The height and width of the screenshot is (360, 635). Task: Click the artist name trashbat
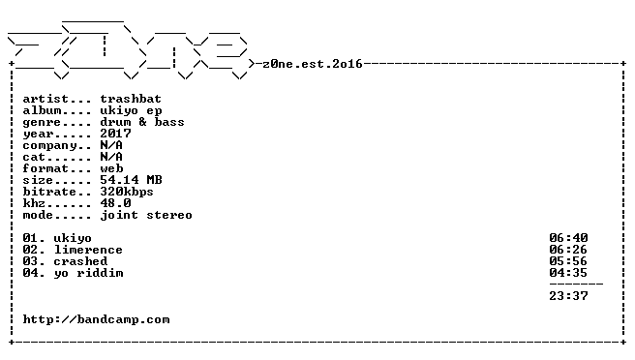pyautogui.click(x=131, y=99)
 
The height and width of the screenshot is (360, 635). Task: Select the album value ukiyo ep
pyautogui.click(x=132, y=111)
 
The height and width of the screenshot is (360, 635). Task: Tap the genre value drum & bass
pyautogui.click(x=142, y=122)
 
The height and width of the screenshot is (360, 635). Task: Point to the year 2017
pyautogui.click(x=116, y=134)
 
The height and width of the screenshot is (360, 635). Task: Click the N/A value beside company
pyautogui.click(x=111, y=145)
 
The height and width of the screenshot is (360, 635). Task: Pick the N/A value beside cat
pyautogui.click(x=111, y=157)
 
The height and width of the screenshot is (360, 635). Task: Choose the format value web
pyautogui.click(x=111, y=168)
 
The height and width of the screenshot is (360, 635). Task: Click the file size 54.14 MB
pyautogui.click(x=132, y=180)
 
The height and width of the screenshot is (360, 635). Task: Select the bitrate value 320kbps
pyautogui.click(x=127, y=192)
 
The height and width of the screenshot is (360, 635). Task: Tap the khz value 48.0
pyautogui.click(x=116, y=203)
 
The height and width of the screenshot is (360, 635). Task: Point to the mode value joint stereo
pyautogui.click(x=146, y=215)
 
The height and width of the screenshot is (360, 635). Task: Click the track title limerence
pyautogui.click(x=88, y=250)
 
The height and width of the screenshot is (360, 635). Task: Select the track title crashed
pyautogui.click(x=80, y=261)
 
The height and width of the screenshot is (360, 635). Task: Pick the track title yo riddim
pyautogui.click(x=89, y=273)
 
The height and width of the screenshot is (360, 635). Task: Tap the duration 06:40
pyautogui.click(x=568, y=238)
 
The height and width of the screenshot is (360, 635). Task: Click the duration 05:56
pyautogui.click(x=568, y=261)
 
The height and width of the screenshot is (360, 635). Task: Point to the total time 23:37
pyautogui.click(x=568, y=296)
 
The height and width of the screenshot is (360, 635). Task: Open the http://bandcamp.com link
pyautogui.click(x=97, y=320)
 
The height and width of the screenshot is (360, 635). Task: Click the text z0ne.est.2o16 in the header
pyautogui.click(x=313, y=64)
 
